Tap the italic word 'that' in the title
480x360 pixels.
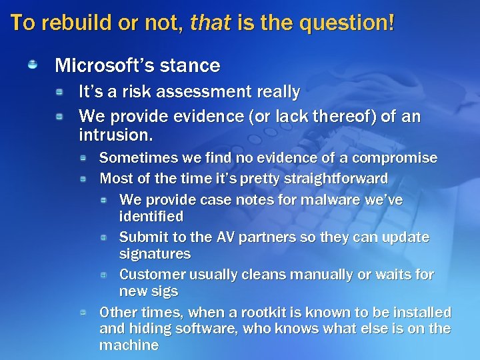point(209,23)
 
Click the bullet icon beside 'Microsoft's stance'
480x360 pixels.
point(32,65)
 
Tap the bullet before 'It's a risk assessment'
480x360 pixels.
point(59,91)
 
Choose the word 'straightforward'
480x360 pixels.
point(337,179)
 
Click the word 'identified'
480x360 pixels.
point(151,217)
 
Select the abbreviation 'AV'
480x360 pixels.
point(224,237)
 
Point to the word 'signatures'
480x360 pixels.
point(155,254)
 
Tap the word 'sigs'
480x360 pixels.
point(165,291)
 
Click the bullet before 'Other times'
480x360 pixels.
point(83,312)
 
